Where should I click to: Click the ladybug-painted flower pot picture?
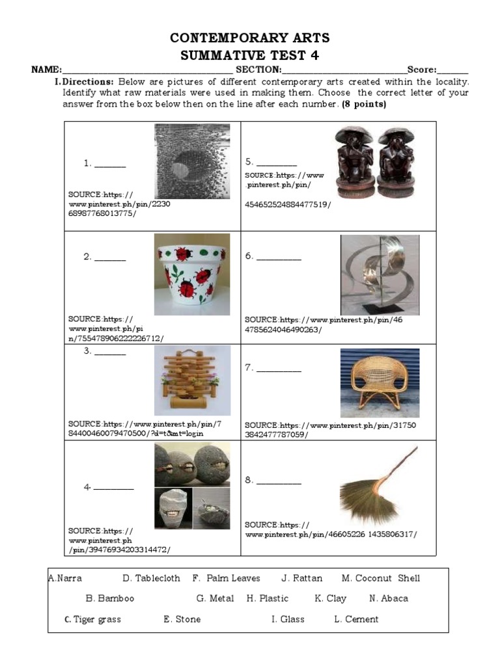coord(192,274)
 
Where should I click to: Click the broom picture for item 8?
coord(378,486)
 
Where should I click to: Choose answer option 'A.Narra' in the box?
coord(65,578)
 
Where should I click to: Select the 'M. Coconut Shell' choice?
coord(380,578)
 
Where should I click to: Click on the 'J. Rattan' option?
coord(301,578)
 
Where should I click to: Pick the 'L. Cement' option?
coord(355,619)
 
